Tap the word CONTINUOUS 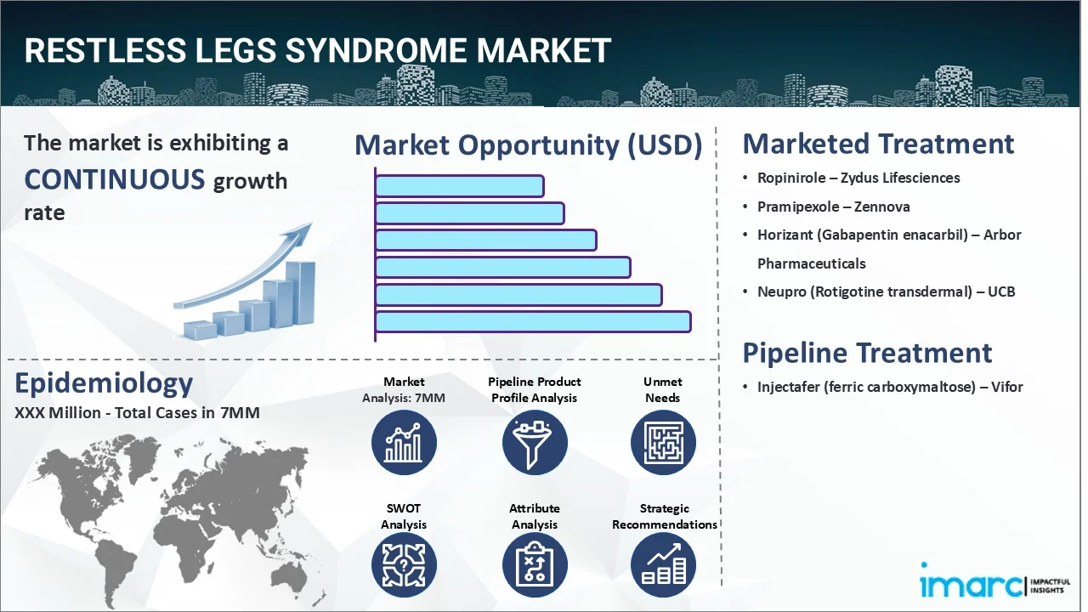pos(115,179)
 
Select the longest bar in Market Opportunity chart pos(533,322)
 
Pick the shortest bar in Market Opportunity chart pos(459,186)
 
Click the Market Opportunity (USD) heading pos(528,145)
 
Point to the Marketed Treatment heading pos(878,144)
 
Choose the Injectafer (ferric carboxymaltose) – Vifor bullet pos(890,387)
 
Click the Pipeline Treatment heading pos(867,353)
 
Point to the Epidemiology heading pos(104,383)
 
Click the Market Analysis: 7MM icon pos(404,442)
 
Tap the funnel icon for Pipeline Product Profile pos(534,442)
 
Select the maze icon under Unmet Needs pos(662,442)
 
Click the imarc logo pos(972,585)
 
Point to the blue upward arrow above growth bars pos(246,263)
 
